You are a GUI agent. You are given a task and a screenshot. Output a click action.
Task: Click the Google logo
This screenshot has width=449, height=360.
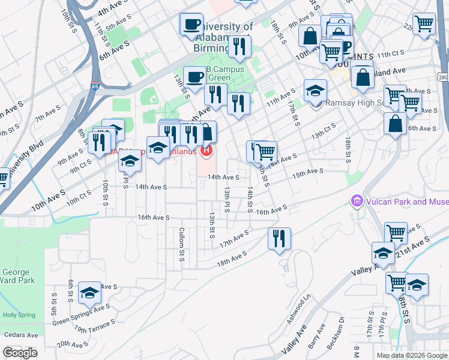tap(20, 353)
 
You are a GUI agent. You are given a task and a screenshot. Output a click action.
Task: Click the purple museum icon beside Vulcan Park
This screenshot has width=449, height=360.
tap(357, 200)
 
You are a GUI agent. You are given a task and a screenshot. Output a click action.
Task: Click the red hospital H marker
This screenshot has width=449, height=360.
tap(207, 151)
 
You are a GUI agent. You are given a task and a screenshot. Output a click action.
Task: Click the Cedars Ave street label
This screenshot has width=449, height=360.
tap(20, 335)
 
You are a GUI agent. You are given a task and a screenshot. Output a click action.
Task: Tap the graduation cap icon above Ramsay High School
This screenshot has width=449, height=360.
tap(315, 91)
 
